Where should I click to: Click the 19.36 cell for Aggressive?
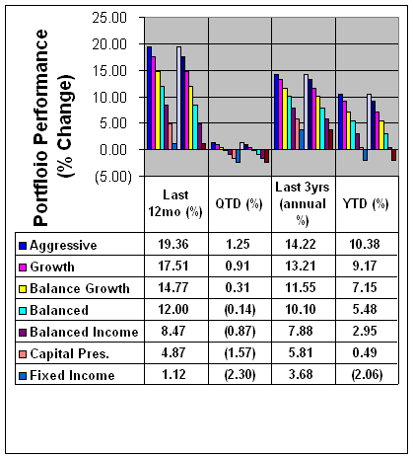(173, 244)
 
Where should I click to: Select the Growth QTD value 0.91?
(238, 266)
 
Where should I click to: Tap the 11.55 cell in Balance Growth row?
(301, 287)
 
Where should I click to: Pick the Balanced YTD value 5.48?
(365, 309)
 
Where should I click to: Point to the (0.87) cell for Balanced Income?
(240, 331)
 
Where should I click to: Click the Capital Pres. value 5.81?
(301, 352)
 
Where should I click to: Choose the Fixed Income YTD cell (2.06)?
(367, 374)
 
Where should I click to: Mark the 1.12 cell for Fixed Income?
(173, 374)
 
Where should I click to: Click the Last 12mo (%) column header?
(175, 203)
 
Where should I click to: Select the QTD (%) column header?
(239, 204)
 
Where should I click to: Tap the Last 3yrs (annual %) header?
(303, 204)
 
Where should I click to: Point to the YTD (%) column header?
(366, 204)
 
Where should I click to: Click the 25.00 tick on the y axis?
(109, 18)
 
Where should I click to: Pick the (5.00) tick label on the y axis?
(113, 178)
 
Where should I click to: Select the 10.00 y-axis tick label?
(109, 98)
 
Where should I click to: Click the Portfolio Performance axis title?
(53, 127)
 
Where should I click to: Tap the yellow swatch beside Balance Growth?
(23, 289)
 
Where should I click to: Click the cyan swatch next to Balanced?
(23, 311)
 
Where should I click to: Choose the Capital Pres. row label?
(69, 353)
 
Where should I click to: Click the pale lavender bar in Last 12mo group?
(178, 98)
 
